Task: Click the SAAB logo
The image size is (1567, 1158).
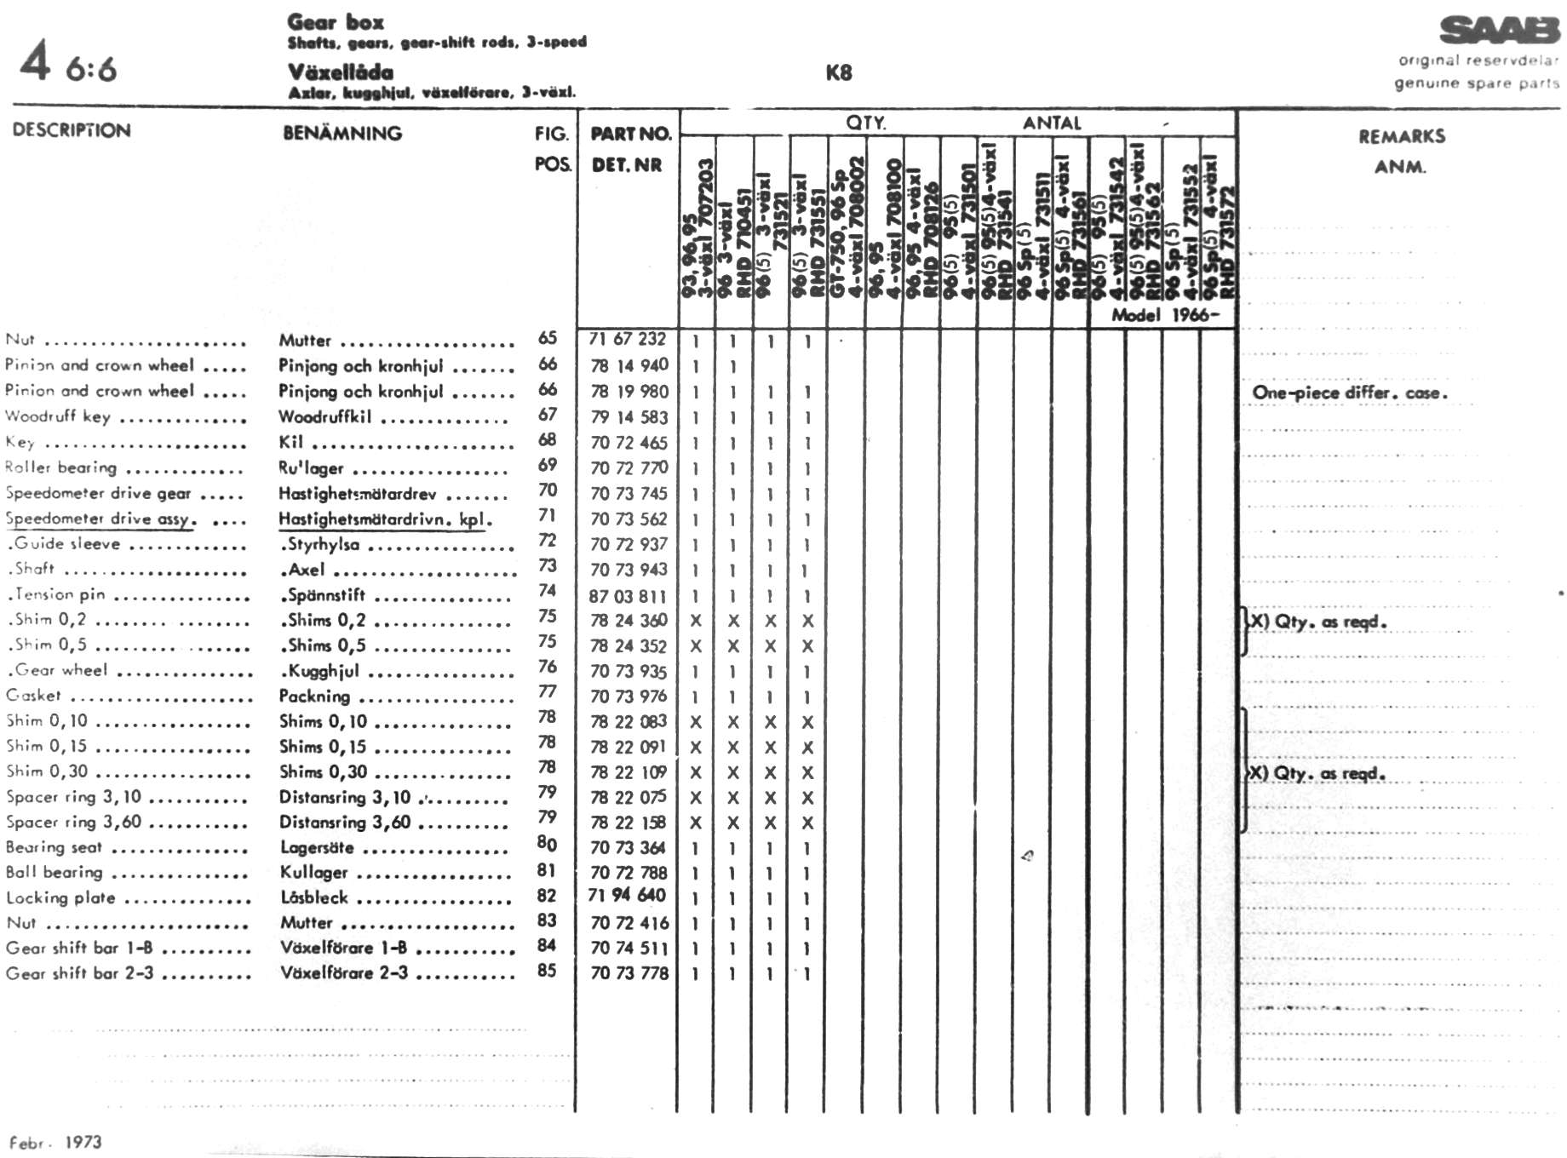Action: tap(1499, 31)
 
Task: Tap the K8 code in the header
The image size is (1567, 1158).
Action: tap(839, 73)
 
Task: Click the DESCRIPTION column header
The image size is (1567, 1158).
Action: tap(72, 130)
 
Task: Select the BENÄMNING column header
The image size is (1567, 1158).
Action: tap(342, 133)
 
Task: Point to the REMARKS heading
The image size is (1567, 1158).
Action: tap(1401, 136)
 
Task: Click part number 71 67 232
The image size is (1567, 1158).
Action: tap(627, 339)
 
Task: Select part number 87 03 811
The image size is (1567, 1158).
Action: tap(627, 596)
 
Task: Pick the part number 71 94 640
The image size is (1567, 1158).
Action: tap(627, 895)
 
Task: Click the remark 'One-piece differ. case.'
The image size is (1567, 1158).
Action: tap(1349, 393)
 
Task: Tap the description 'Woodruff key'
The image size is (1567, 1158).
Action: tap(58, 416)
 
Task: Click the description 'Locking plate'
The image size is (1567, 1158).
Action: tap(60, 897)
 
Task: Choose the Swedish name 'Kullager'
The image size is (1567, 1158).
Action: tap(314, 872)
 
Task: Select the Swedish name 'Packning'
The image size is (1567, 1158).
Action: tap(314, 696)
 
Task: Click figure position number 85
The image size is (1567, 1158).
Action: tap(547, 970)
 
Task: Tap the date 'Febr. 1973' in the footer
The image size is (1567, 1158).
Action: tap(55, 1142)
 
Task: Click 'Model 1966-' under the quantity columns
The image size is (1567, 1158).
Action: tap(1164, 315)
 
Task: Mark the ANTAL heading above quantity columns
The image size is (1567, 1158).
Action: tap(1052, 123)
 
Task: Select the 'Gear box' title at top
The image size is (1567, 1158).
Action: tap(336, 22)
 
